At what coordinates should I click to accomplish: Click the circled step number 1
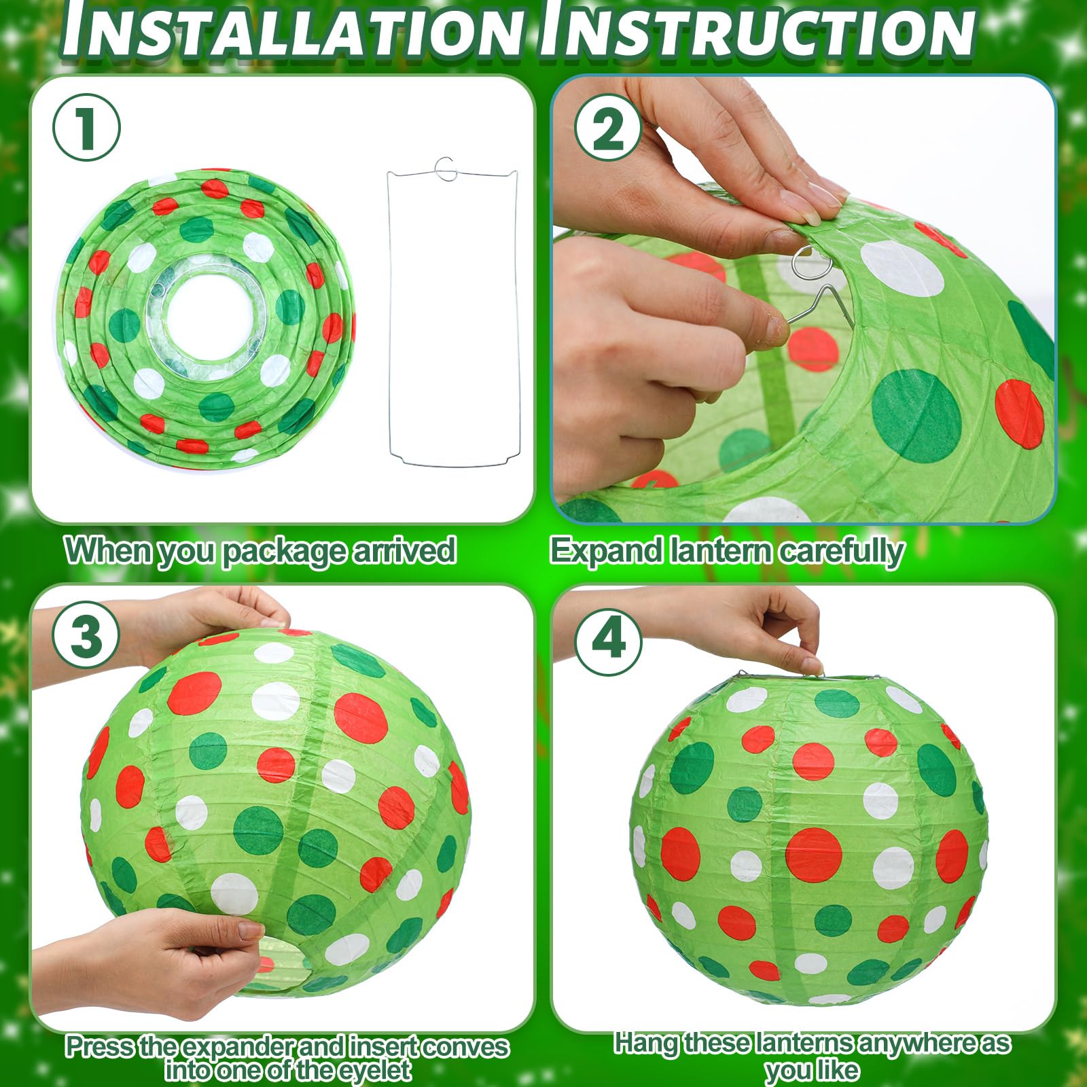tap(86, 127)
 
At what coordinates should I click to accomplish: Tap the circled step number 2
tap(608, 127)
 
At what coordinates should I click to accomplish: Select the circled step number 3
tap(86, 637)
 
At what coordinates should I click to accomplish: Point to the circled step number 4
tap(608, 640)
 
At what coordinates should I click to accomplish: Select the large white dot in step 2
tap(902, 269)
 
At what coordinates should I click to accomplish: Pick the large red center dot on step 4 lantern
tap(813, 854)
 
